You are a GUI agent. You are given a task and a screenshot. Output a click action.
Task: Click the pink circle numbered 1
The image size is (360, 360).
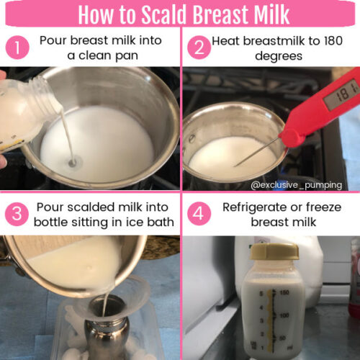(x=16, y=48)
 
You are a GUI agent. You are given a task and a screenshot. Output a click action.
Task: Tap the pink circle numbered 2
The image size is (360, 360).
(x=197, y=48)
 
